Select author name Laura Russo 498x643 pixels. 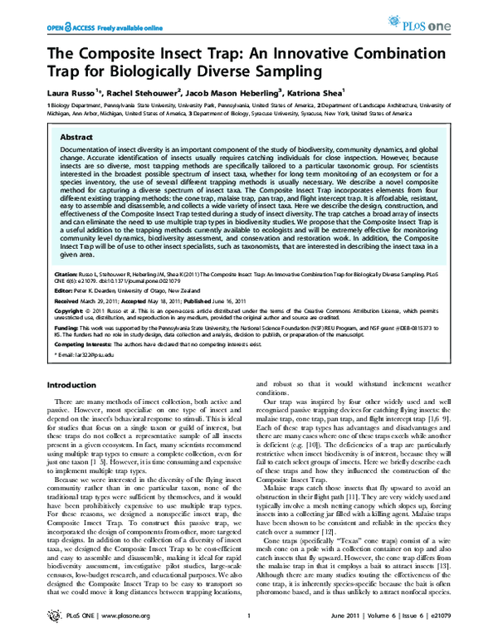(x=66, y=93)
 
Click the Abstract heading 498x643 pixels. (x=76, y=136)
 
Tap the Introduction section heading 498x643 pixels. (x=73, y=385)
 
